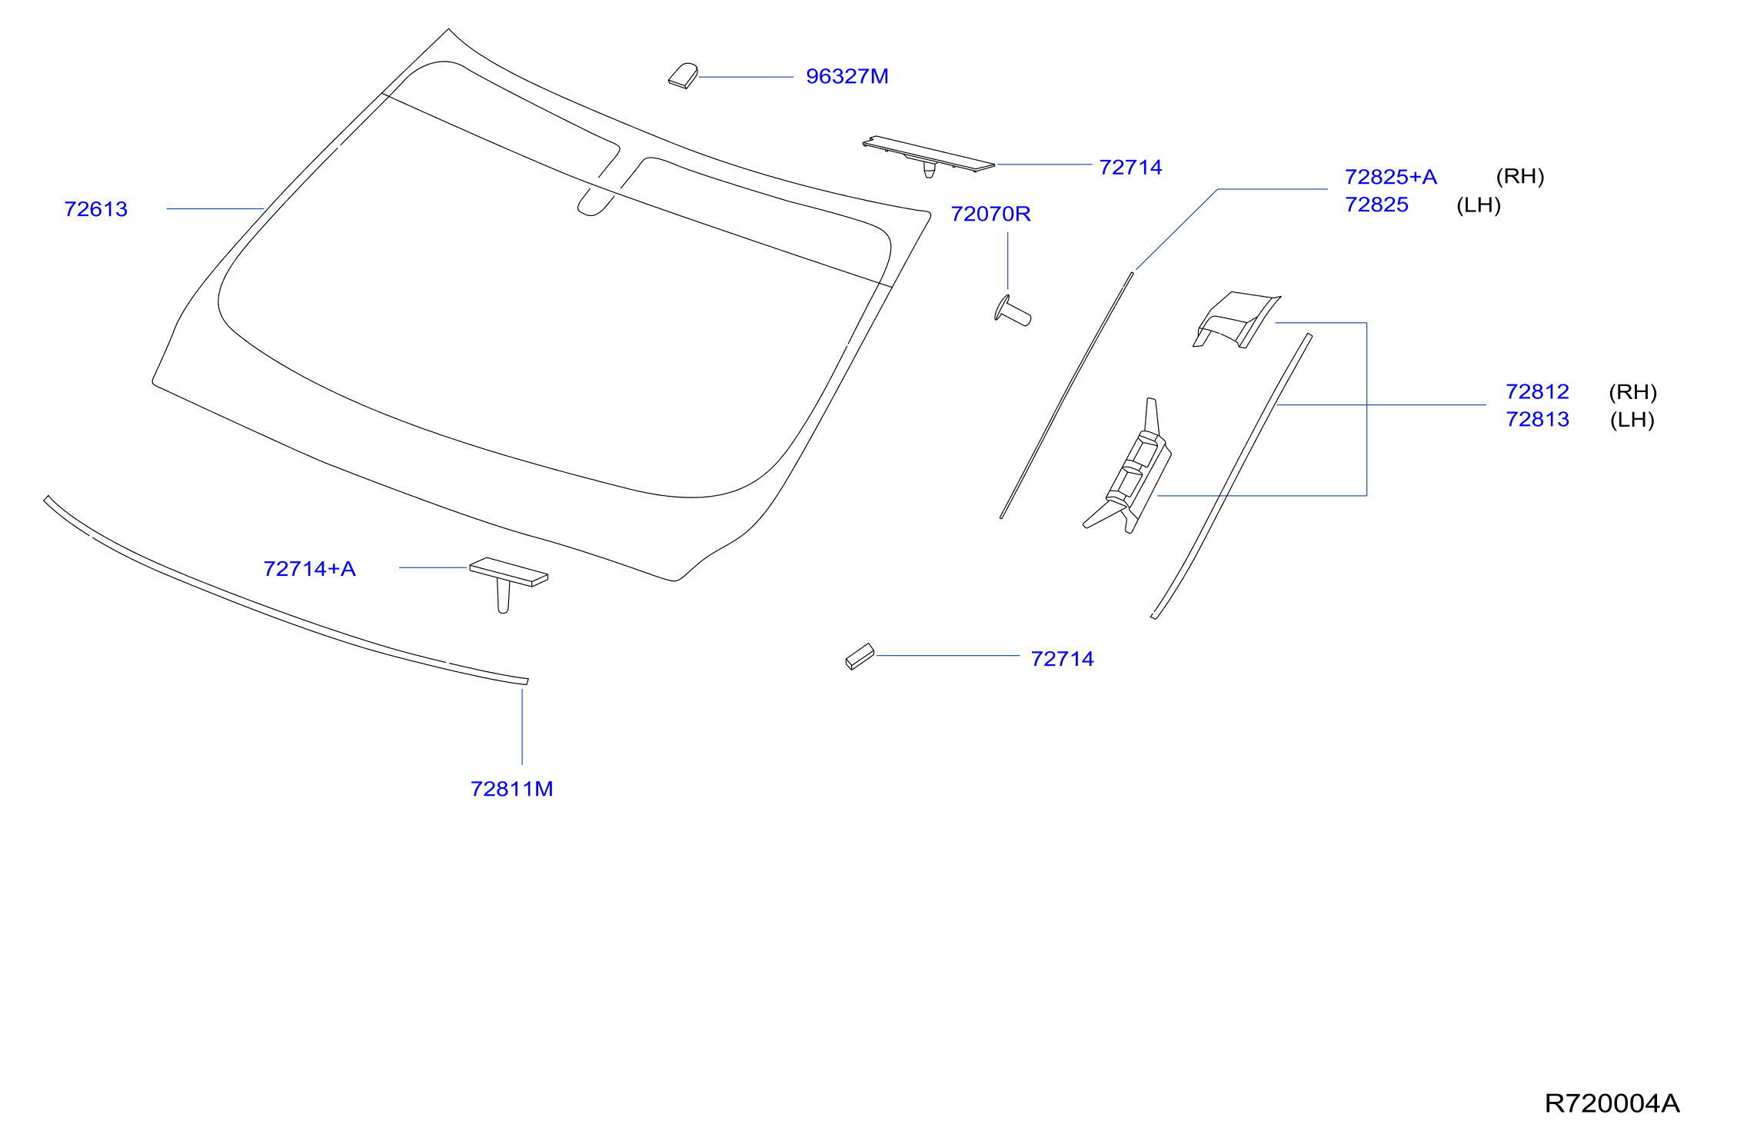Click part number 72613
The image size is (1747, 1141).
[96, 209]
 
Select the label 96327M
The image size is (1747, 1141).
[847, 76]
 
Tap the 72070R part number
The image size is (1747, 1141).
[990, 214]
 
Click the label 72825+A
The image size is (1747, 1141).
[1390, 177]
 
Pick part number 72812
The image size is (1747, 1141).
[1537, 391]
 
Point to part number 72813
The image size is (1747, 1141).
[1537, 419]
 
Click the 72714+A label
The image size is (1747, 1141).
[309, 568]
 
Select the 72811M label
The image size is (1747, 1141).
[511, 789]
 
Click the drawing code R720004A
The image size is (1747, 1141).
[1612, 1103]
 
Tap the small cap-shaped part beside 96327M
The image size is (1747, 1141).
[683, 76]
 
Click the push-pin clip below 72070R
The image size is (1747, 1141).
[1013, 311]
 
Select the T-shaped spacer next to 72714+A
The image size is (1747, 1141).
[508, 583]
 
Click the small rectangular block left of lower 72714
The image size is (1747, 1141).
[860, 657]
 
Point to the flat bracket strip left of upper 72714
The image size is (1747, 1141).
[929, 156]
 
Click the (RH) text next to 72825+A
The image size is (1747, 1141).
[1519, 177]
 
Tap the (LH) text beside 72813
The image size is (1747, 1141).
[1632, 420]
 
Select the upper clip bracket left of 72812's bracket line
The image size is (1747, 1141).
[1236, 320]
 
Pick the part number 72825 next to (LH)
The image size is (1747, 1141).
[1376, 205]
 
